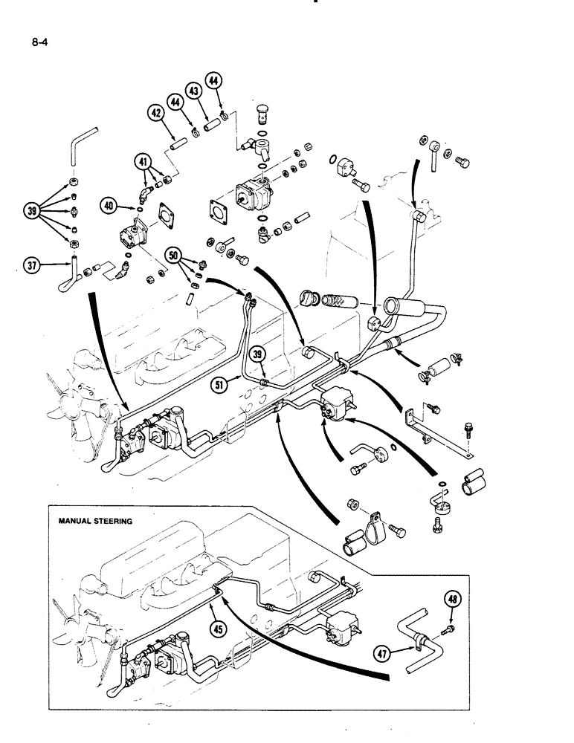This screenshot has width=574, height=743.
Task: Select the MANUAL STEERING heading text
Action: point(95,521)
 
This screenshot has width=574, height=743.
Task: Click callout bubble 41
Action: point(143,160)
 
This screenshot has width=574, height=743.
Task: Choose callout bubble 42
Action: point(156,114)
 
